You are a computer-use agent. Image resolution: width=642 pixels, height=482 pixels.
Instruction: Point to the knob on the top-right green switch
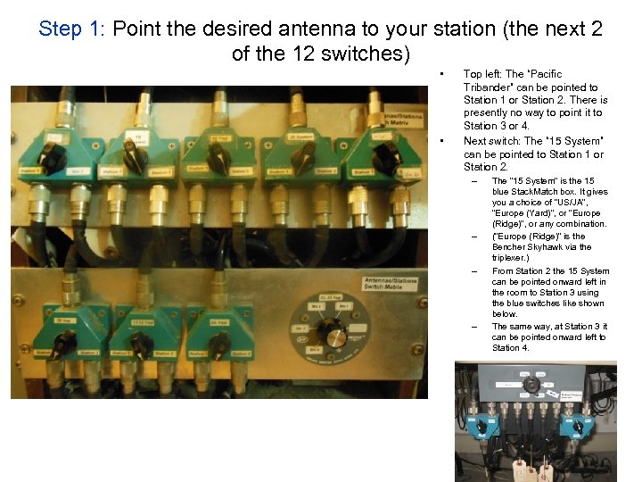pos(386,159)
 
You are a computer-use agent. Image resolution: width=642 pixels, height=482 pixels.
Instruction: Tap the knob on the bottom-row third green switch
pos(218,343)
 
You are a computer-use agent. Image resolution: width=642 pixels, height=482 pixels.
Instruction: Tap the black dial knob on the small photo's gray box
pos(532,384)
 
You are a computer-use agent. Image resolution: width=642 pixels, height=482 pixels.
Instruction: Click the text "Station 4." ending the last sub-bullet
pos(511,347)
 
